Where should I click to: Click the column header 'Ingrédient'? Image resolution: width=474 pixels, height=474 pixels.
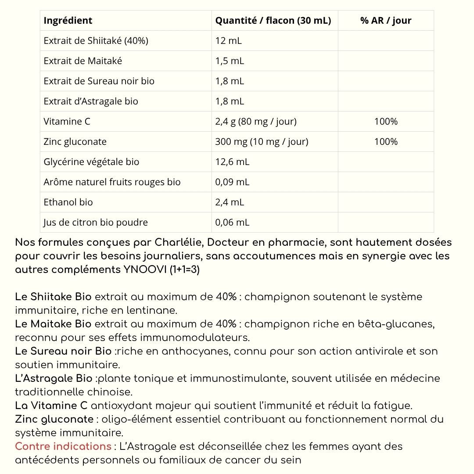click(x=68, y=21)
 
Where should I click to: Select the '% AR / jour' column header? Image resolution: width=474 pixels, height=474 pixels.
click(x=386, y=21)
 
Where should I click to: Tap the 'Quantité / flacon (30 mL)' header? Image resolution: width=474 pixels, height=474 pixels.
click(x=273, y=21)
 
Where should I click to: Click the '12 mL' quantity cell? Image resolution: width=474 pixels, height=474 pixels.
click(x=228, y=41)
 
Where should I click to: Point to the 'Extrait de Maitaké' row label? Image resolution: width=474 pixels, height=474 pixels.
click(x=83, y=61)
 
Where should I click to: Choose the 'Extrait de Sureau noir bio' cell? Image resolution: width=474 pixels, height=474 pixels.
click(x=99, y=81)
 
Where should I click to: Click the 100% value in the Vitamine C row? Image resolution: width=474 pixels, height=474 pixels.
click(x=386, y=122)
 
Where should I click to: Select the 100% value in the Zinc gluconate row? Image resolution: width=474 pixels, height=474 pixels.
click(x=386, y=142)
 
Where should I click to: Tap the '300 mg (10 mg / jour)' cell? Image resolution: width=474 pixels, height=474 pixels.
click(x=262, y=142)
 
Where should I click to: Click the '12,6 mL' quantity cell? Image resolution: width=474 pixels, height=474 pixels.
click(x=232, y=162)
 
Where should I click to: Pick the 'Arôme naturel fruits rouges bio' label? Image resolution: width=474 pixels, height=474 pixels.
click(x=112, y=182)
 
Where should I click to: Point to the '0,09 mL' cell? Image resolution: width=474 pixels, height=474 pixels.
click(x=232, y=182)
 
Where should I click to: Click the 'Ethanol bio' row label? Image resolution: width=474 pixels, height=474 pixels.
click(x=68, y=202)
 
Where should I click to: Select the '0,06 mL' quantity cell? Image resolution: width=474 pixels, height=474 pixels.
click(x=232, y=223)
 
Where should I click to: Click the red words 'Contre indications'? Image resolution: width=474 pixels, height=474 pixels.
click(x=63, y=446)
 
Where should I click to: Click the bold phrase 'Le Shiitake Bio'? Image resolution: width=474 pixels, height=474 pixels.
click(x=53, y=297)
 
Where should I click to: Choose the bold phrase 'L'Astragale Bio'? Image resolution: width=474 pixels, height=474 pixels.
click(x=54, y=378)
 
